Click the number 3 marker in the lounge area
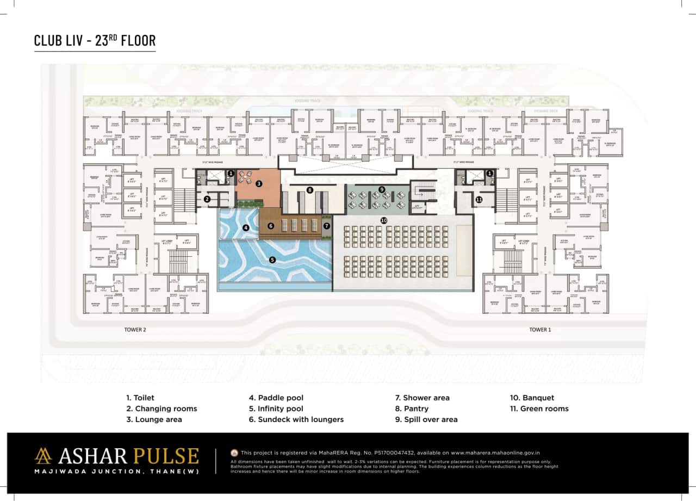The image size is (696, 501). click(x=259, y=184)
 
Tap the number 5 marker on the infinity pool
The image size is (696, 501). click(x=272, y=260)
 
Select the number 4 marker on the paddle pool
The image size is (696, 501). click(x=246, y=228)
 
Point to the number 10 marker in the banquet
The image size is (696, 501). click(x=383, y=220)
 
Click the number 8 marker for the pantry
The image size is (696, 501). click(x=309, y=190)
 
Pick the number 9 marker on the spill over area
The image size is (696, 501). click(x=382, y=189)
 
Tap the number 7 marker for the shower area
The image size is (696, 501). click(x=326, y=225)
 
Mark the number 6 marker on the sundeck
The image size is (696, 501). click(x=270, y=225)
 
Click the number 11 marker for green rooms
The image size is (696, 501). click(x=479, y=200)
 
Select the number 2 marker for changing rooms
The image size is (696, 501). click(x=207, y=200)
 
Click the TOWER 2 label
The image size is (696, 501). click(x=134, y=330)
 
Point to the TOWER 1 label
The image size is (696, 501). click(x=540, y=330)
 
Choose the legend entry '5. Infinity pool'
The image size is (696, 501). click(x=276, y=409)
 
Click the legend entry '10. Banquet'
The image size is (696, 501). click(x=532, y=398)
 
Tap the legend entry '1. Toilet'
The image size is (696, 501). click(x=140, y=398)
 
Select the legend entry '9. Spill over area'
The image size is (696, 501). click(x=426, y=419)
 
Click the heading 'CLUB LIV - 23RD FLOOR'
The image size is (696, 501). click(x=95, y=41)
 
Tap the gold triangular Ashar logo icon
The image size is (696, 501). click(x=43, y=456)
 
